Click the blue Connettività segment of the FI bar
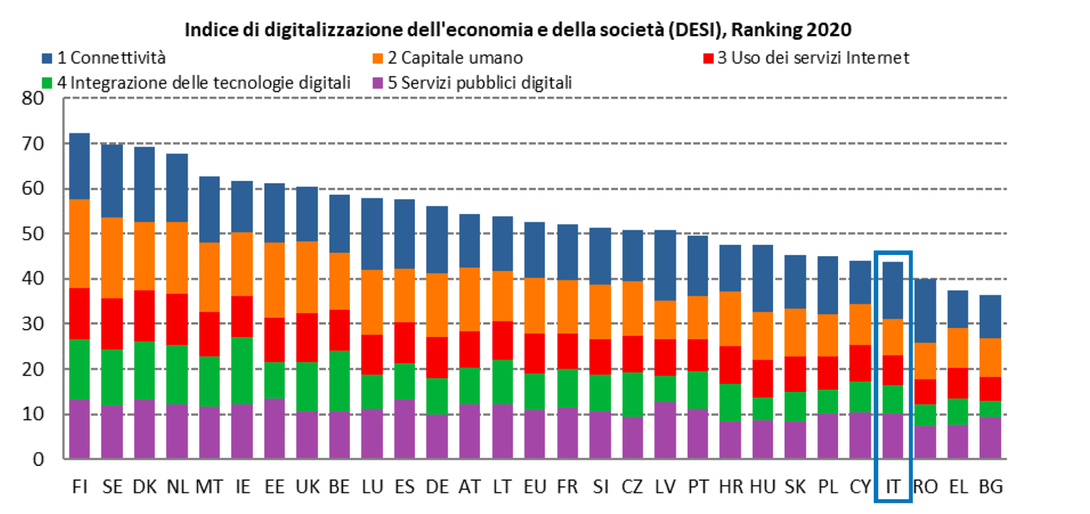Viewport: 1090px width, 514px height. [x=79, y=166]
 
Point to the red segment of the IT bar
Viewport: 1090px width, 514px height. [x=893, y=370]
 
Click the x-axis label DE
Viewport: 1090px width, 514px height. [x=436, y=487]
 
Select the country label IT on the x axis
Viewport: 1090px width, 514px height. [x=893, y=487]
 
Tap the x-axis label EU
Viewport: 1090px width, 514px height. [x=534, y=487]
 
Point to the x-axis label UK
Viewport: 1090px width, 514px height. [x=307, y=487]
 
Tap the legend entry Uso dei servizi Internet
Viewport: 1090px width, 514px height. [x=813, y=58]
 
